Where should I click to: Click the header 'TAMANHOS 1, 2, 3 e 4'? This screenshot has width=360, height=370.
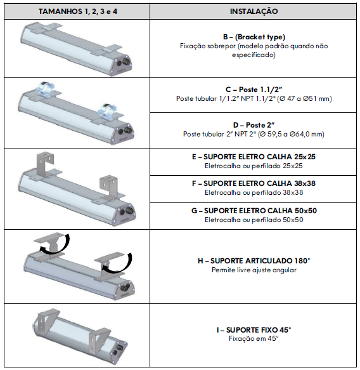click(78, 11)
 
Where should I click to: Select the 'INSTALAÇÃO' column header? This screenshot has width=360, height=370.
click(254, 11)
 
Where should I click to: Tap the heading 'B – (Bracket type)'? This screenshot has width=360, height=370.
click(254, 37)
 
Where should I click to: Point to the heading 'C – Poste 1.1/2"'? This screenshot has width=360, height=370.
click(254, 89)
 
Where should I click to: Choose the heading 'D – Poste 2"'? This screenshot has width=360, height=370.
click(254, 125)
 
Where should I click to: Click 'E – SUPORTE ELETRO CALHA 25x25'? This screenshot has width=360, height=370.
click(254, 157)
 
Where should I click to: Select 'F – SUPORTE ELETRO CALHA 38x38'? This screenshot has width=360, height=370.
click(254, 183)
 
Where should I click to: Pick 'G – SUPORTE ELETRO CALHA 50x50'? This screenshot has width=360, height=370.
click(254, 211)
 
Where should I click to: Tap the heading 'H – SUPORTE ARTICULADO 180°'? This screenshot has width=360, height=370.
click(254, 261)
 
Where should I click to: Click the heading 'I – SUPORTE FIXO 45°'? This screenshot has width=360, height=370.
click(254, 330)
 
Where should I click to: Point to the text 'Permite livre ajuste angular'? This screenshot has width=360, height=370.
click(254, 270)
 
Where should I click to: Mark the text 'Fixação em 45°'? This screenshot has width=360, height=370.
click(254, 339)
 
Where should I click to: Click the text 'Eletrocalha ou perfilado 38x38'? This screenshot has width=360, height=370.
click(254, 192)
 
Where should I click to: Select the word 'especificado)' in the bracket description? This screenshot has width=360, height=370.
click(254, 55)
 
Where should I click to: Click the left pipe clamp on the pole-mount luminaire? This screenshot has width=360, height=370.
click(45, 89)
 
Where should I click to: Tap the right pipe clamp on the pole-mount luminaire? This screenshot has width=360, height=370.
click(108, 110)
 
